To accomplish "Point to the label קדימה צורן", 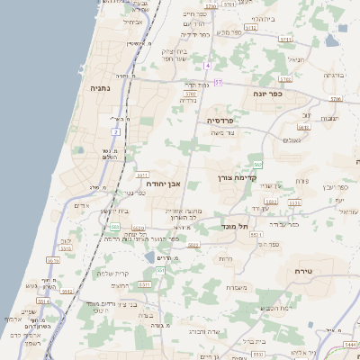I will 238,178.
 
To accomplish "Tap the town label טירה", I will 302,270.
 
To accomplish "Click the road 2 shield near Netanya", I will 116,132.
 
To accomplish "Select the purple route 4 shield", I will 206,67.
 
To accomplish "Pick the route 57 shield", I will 218,83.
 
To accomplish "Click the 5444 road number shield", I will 351,344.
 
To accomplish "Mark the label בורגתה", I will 333,76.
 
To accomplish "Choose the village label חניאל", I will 294,59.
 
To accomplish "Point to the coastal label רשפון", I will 34,343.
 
